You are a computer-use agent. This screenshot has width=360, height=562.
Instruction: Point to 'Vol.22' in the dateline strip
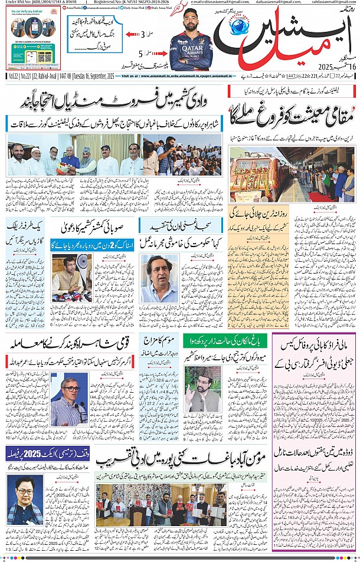(x=14, y=76)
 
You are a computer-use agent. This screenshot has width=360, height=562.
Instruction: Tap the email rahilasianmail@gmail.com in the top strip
(x=330, y=3)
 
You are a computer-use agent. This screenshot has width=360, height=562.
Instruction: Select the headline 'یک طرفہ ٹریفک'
(x=27, y=225)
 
